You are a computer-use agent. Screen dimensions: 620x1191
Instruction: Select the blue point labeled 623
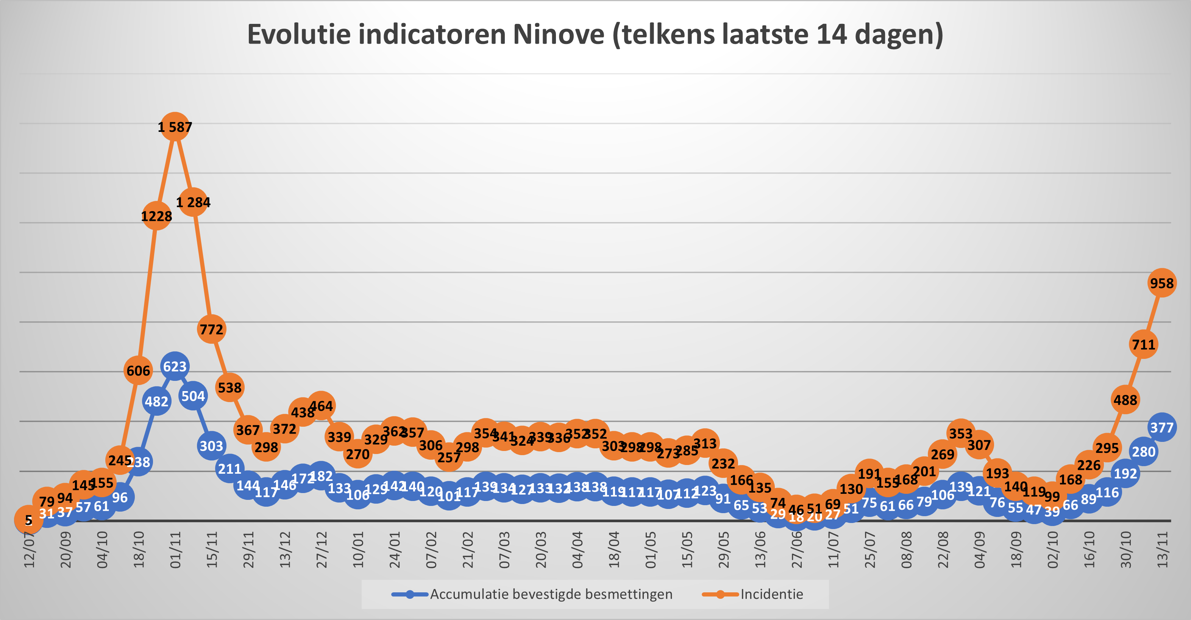click(x=175, y=366)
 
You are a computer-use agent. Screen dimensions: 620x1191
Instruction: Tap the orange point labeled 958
click(x=1161, y=283)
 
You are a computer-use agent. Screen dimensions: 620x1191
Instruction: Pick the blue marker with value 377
click(x=1161, y=427)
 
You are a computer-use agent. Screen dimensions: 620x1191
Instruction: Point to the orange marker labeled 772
click(x=211, y=329)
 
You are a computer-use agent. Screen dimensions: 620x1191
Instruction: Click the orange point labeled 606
click(x=138, y=370)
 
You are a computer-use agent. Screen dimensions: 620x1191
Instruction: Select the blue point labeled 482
click(x=156, y=401)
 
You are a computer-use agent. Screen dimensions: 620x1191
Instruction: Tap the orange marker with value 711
click(x=1143, y=344)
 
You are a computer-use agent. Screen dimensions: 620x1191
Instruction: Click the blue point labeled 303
click(x=211, y=446)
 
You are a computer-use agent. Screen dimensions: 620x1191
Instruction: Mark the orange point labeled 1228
click(x=156, y=216)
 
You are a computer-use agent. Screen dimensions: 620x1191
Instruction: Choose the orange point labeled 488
click(x=1125, y=399)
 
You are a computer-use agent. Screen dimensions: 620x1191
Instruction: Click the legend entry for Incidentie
click(x=771, y=594)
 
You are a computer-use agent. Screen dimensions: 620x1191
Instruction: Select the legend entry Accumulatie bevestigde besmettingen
click(x=551, y=594)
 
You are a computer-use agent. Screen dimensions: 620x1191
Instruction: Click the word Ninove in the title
click(x=559, y=34)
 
